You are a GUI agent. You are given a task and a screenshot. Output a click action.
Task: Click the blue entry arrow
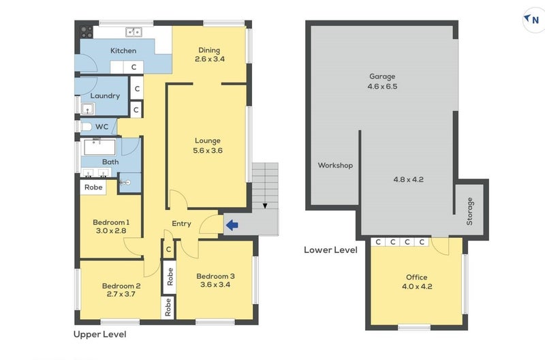point(232,226)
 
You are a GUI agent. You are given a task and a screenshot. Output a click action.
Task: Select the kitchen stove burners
point(87,32)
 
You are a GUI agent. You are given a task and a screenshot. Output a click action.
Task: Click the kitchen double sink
point(134,32)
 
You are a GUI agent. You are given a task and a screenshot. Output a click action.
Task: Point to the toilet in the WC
point(86,127)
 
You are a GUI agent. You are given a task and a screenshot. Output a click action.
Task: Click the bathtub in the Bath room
point(99,147)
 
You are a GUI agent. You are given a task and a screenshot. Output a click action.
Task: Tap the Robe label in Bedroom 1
point(93,187)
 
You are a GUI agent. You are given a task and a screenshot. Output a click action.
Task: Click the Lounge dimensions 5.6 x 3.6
point(208,151)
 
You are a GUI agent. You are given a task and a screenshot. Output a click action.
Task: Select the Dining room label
point(209,50)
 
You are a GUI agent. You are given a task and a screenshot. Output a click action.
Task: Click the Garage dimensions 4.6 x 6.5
point(382,87)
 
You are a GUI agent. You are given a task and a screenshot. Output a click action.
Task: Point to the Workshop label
point(335,165)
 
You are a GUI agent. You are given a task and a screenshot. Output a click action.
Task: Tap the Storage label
point(469,211)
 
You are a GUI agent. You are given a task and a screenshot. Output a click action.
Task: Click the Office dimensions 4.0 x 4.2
point(417,286)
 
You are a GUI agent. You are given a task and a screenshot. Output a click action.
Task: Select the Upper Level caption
point(99,334)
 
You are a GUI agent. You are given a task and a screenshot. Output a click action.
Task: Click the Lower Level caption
point(330,250)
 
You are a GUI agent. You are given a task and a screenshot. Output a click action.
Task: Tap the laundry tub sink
point(88,109)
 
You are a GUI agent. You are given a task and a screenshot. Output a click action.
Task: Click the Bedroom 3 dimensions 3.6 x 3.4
point(215,284)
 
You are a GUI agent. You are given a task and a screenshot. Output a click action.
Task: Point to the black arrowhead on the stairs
point(265,206)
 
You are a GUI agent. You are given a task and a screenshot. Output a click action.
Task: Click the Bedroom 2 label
point(121,286)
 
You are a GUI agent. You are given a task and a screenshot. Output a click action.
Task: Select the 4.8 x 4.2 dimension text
point(408,179)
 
